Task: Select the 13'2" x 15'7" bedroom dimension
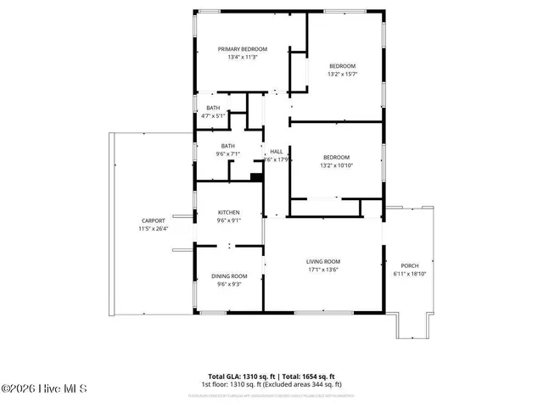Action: coord(342,74)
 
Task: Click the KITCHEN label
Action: coord(228,212)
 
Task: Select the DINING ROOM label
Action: coord(228,276)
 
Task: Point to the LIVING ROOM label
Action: coord(323,261)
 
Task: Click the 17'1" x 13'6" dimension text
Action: coord(323,270)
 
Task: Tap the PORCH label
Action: coord(410,265)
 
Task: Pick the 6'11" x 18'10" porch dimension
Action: coord(410,274)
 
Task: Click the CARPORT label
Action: coord(153,220)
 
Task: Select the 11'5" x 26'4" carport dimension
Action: coord(153,228)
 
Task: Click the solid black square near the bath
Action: coord(255,176)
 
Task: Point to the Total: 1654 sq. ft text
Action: coord(307,376)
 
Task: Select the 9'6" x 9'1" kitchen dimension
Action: coord(228,220)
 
